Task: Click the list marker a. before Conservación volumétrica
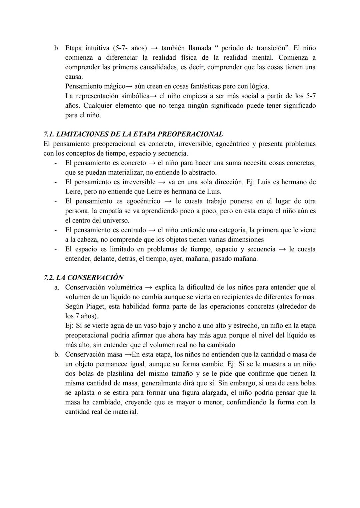[57, 287]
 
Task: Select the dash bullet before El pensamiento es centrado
[56, 230]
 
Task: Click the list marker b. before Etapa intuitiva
[57, 48]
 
